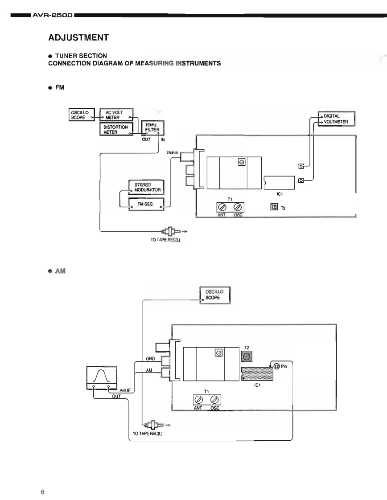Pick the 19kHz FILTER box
(152, 127)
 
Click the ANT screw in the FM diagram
(222, 207)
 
